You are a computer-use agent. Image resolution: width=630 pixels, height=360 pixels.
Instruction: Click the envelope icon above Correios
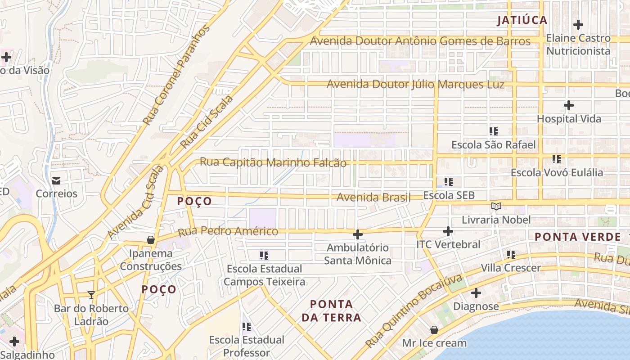pos(56,180)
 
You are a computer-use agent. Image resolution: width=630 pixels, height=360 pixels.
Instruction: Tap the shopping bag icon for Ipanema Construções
pos(151,240)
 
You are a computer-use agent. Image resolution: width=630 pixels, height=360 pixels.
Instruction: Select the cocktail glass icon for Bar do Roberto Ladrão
pos(91,295)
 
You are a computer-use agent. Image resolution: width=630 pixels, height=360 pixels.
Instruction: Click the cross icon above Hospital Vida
pos(569,106)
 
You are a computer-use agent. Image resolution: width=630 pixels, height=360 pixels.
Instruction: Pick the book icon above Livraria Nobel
pos(496,206)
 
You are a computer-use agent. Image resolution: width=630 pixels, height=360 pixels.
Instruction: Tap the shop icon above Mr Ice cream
pos(434,330)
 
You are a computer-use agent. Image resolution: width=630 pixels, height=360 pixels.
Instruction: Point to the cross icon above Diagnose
pos(476,293)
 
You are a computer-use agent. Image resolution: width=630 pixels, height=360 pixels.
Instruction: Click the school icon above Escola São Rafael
pos(494,131)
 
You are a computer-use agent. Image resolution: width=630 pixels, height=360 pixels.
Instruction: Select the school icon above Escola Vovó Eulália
pos(557,159)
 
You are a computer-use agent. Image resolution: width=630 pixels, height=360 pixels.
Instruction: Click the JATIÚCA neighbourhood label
pos(522,20)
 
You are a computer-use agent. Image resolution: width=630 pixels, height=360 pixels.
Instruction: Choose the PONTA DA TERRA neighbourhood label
pos(331,310)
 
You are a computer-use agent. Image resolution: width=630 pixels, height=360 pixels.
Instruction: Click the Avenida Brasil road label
pos(373,197)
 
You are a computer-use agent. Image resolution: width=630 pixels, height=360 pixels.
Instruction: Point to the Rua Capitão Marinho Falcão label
pos(273,162)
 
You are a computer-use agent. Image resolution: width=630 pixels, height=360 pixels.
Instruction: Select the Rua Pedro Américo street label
pos(228,232)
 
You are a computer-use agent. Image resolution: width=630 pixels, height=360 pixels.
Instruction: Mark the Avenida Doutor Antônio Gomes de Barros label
pos(420,41)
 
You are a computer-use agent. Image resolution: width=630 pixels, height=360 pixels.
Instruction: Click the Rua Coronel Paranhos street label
pos(176,76)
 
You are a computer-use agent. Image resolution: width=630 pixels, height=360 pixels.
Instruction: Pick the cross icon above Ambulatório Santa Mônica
pos(358,234)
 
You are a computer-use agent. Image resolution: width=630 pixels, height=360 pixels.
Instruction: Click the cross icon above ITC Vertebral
pos(448,231)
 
